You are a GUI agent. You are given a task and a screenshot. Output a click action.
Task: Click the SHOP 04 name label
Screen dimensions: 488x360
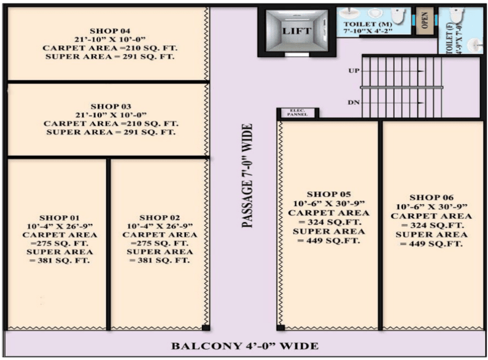pyautogui.click(x=110, y=31)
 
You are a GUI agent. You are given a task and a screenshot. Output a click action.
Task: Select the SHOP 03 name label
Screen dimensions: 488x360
pyautogui.click(x=110, y=107)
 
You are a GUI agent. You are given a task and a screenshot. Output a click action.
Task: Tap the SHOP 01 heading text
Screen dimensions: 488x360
pyautogui.click(x=59, y=218)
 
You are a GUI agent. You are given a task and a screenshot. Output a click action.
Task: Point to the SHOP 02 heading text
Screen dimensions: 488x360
pyautogui.click(x=160, y=218)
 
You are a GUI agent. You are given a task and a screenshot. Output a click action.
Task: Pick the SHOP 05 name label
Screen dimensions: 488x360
pyautogui.click(x=328, y=194)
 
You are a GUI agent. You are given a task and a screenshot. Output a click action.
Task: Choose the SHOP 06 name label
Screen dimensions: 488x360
pyautogui.click(x=432, y=197)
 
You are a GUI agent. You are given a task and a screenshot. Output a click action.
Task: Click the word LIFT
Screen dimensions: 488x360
pyautogui.click(x=296, y=31)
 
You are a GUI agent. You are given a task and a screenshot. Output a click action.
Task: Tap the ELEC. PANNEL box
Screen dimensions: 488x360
pyautogui.click(x=297, y=113)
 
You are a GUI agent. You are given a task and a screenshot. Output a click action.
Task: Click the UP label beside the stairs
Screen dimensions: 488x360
pyautogui.click(x=354, y=71)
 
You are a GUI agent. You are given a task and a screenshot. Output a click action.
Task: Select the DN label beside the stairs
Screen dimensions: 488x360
pyautogui.click(x=354, y=102)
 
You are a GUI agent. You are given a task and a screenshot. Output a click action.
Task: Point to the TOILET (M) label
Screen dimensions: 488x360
pyautogui.click(x=368, y=25)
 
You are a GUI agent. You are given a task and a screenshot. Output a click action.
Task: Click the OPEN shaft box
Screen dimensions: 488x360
pyautogui.click(x=425, y=21)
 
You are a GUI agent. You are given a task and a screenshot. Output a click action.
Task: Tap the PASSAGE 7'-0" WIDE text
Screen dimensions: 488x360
pyautogui.click(x=247, y=176)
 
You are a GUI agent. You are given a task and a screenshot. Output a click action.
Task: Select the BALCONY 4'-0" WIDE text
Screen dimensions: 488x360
pyautogui.click(x=245, y=346)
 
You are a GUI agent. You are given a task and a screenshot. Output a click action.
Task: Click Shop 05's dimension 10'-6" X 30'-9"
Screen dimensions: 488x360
pyautogui.click(x=328, y=204)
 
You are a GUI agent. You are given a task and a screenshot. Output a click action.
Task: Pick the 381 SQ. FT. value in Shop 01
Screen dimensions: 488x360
pyautogui.click(x=60, y=261)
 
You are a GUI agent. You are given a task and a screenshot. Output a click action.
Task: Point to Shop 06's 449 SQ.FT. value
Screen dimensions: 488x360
pyautogui.click(x=432, y=244)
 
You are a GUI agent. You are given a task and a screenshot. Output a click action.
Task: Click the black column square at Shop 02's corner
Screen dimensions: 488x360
pyautogui.click(x=206, y=327)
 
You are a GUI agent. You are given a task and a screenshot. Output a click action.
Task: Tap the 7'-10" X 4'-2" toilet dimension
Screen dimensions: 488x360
pyautogui.click(x=368, y=31)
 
